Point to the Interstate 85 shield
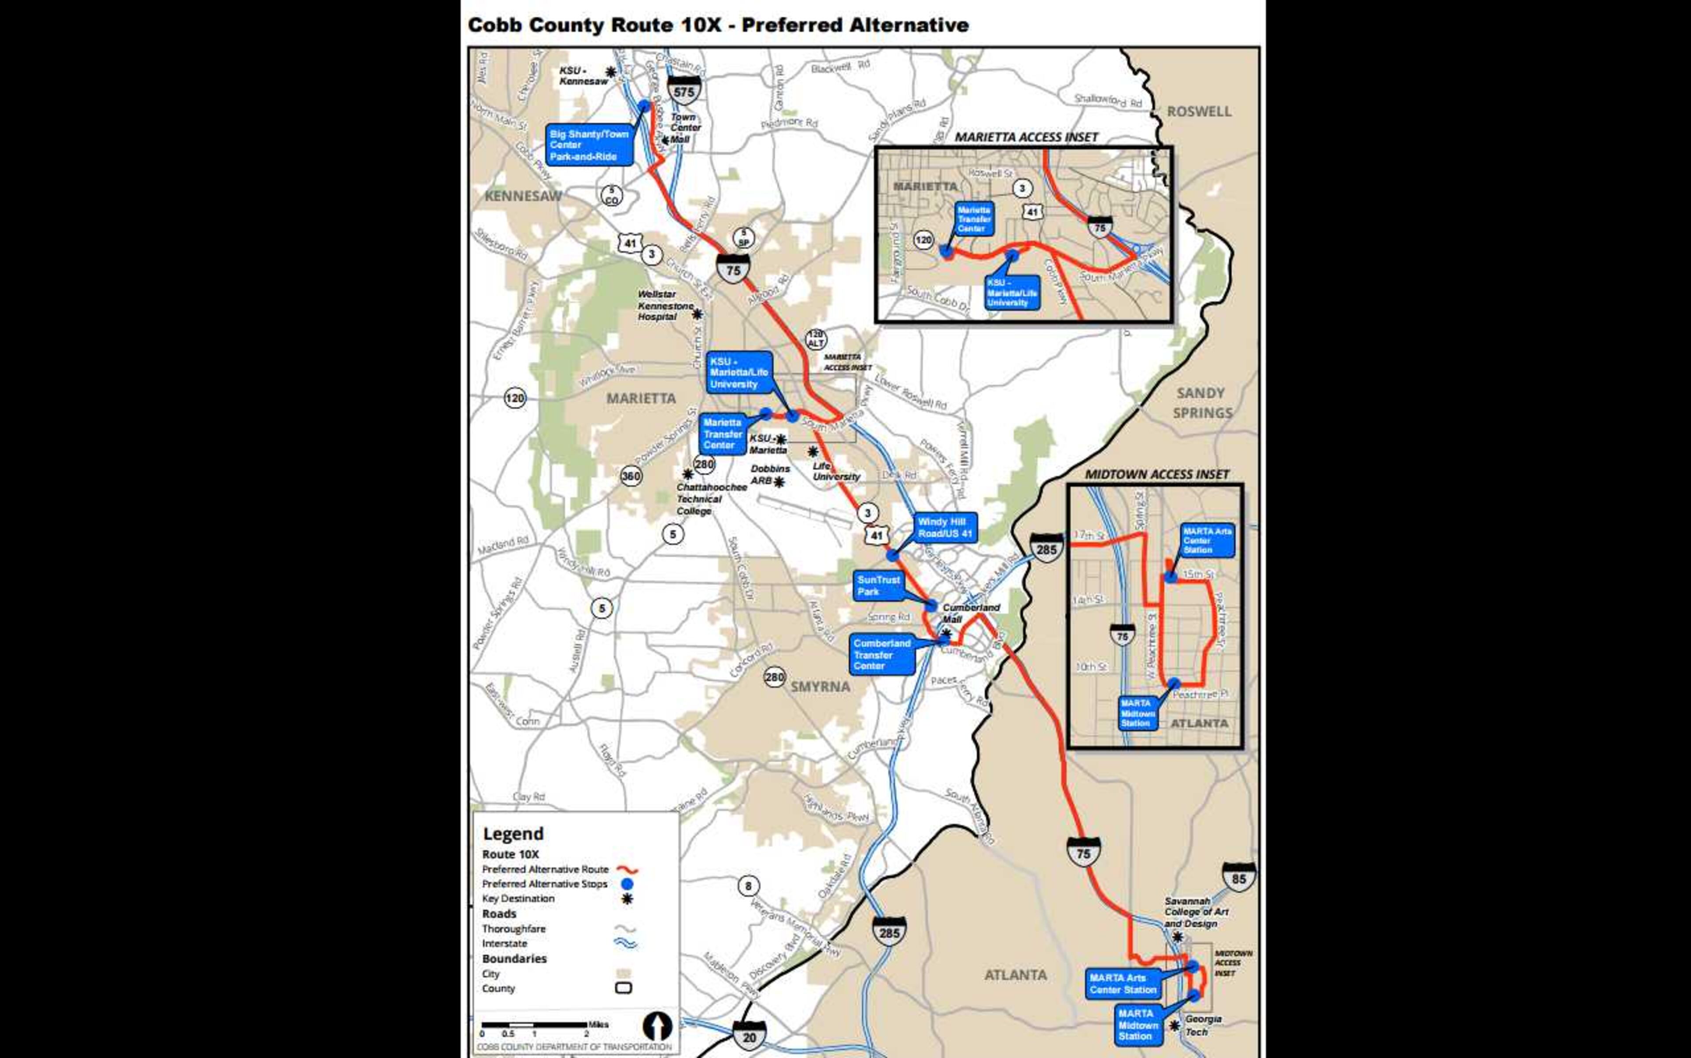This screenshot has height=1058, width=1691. click(x=1239, y=879)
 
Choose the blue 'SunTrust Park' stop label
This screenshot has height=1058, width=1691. click(x=879, y=586)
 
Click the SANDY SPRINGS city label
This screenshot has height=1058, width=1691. click(x=1201, y=403)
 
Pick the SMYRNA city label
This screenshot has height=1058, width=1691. click(x=820, y=687)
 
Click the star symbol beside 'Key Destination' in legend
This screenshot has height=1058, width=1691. click(x=627, y=898)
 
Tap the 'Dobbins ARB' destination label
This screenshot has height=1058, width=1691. click(x=770, y=475)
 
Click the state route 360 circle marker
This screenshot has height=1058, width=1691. click(x=631, y=476)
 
